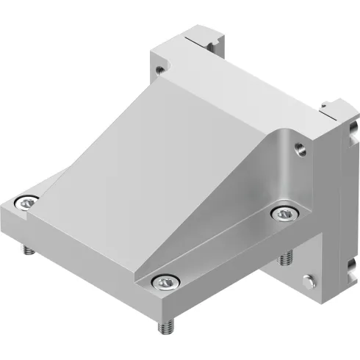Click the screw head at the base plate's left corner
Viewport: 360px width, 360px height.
point(28,203)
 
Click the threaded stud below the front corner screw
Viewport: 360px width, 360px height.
point(165,323)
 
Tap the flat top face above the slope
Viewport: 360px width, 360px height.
point(235,88)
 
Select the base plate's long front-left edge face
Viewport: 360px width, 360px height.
point(81,257)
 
